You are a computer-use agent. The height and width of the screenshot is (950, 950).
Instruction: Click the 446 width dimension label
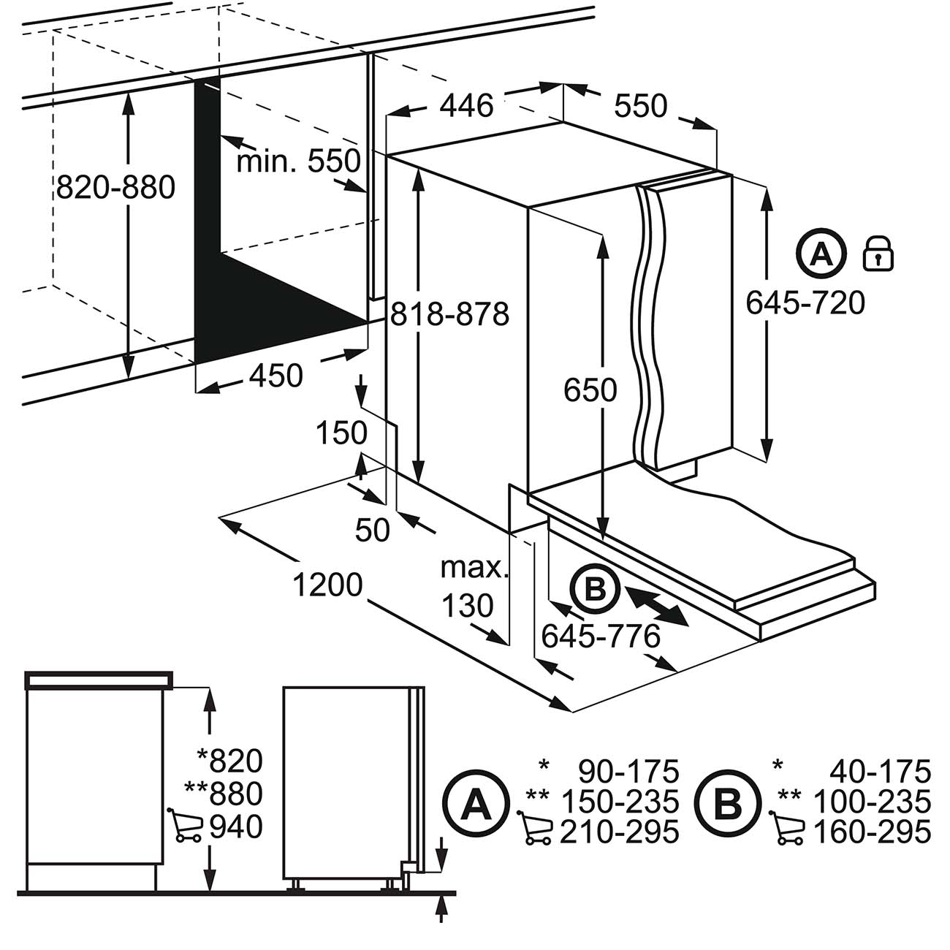pyautogui.click(x=468, y=106)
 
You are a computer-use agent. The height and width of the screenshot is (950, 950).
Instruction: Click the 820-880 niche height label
pyautogui.click(x=115, y=188)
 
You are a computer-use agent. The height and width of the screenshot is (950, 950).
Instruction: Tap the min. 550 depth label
pyautogui.click(x=298, y=161)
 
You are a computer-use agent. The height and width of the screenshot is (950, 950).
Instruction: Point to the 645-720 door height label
pyautogui.click(x=805, y=302)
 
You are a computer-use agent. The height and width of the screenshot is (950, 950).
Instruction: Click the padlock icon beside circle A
pyautogui.click(x=879, y=254)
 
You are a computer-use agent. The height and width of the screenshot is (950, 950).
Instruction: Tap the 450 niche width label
pyautogui.click(x=275, y=376)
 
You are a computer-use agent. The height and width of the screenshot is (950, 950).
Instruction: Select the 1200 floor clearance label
pyautogui.click(x=328, y=585)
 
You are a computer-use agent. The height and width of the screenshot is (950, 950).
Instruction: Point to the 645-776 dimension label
pyautogui.click(x=601, y=636)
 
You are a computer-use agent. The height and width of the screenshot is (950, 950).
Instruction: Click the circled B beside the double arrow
pyautogui.click(x=595, y=588)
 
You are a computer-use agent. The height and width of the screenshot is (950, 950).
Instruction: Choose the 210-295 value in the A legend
pyautogui.click(x=619, y=832)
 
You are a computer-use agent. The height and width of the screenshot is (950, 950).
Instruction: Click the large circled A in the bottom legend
pyautogui.click(x=476, y=805)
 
